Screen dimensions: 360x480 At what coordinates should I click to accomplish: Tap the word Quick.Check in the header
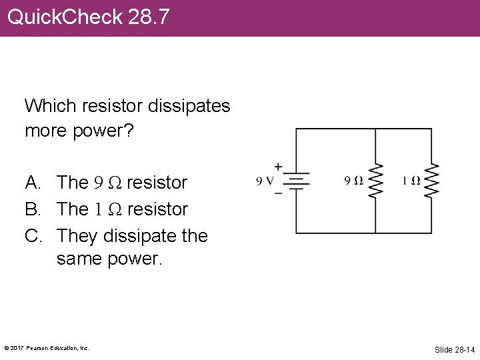pos(65,17)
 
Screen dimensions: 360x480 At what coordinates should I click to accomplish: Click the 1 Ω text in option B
pos(106,209)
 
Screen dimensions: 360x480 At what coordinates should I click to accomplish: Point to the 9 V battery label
pos(265,181)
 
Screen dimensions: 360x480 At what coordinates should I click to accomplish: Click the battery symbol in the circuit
pos(296,181)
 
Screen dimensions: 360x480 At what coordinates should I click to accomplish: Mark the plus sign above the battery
pos(278,167)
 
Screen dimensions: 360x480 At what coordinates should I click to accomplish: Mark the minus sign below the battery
pos(278,193)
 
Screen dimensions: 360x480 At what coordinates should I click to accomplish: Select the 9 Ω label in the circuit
pos(353,181)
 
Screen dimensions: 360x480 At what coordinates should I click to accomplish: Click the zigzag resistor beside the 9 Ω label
pos(375,181)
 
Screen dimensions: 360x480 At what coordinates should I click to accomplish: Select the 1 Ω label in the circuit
pos(411,181)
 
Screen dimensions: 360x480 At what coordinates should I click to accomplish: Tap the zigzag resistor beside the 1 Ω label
pos(431,181)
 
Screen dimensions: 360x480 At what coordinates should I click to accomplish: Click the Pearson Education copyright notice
pos(47,348)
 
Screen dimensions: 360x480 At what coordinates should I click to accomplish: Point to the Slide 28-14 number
pos(455,349)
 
